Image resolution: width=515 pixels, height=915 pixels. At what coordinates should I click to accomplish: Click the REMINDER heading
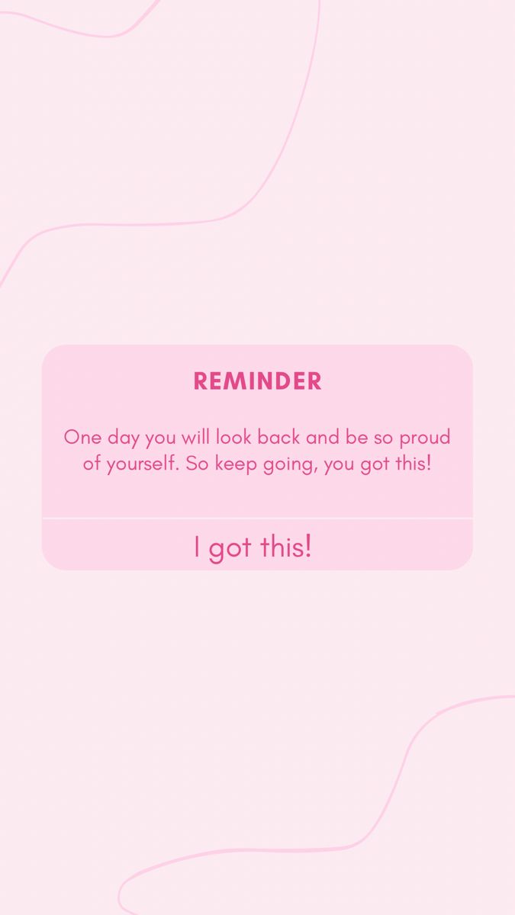click(x=257, y=381)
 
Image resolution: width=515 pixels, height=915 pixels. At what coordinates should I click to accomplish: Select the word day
click(x=123, y=438)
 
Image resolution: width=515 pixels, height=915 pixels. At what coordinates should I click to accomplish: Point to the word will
click(x=195, y=437)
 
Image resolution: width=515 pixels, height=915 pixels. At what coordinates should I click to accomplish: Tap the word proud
click(x=424, y=438)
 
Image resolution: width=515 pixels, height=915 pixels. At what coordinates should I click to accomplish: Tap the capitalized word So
click(x=197, y=463)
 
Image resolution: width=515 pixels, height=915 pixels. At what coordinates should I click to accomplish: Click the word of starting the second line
click(x=92, y=463)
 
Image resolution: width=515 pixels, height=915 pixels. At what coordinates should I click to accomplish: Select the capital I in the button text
click(x=197, y=546)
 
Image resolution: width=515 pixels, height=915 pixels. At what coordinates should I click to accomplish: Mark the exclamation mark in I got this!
click(x=308, y=546)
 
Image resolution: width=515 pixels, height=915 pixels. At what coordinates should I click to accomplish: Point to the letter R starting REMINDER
click(x=201, y=381)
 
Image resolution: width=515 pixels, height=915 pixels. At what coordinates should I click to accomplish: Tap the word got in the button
click(x=230, y=547)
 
